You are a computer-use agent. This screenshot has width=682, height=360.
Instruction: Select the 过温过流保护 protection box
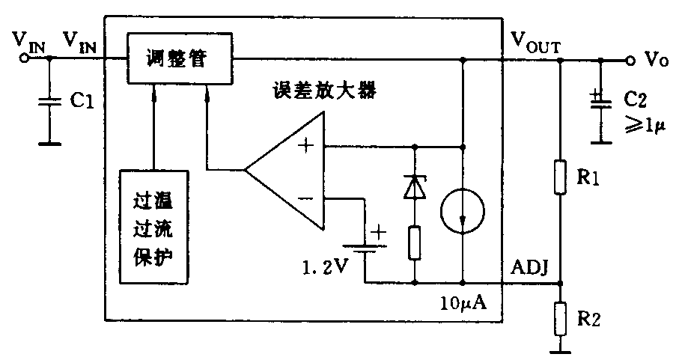coord(153,226)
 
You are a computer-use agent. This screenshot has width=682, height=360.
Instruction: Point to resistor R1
coord(561,177)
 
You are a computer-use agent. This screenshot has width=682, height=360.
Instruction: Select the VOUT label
coord(536,40)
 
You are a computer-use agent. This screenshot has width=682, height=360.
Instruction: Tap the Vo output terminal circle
coord(630,60)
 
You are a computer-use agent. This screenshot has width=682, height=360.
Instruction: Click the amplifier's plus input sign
coord(305,145)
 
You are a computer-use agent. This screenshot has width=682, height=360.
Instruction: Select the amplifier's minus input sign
coord(305,198)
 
